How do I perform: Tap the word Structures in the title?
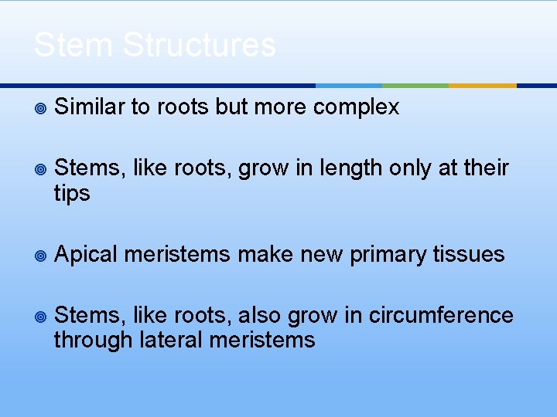tap(199, 45)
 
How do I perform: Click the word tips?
tap(72, 193)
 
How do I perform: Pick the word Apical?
tap(86, 254)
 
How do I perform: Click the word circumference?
tap(441, 315)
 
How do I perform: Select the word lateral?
tap(171, 340)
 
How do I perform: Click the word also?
tap(259, 315)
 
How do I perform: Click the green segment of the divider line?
tap(415, 85)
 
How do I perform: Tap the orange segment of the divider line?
tap(483, 85)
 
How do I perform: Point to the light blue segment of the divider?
tap(349, 85)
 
